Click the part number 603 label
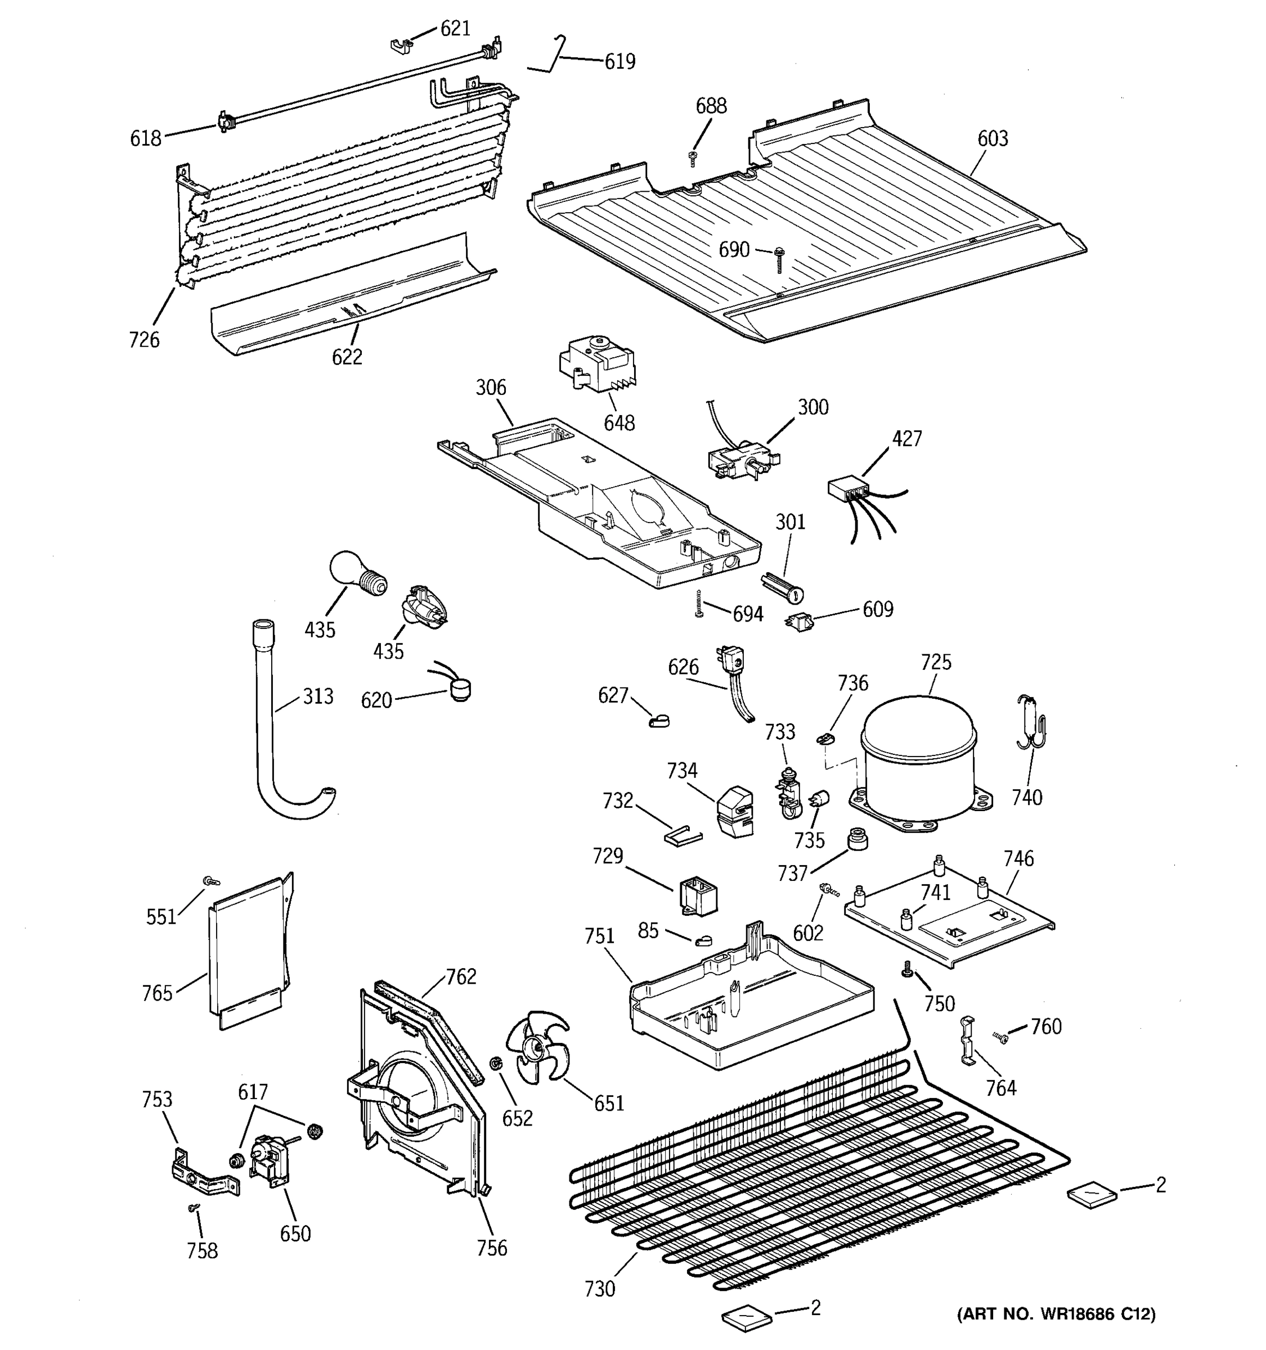pos(993,138)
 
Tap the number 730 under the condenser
pos(599,1288)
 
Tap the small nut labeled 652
pos(496,1063)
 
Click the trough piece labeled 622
pos(353,292)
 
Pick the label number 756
pos(492,1248)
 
